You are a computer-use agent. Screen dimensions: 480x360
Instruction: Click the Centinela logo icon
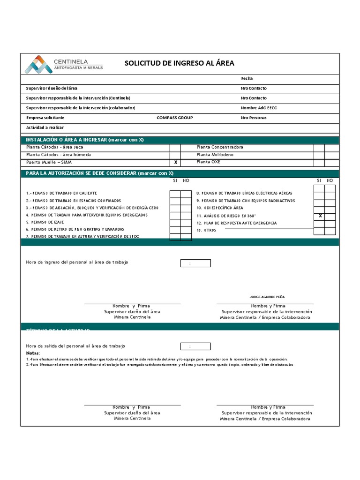38,64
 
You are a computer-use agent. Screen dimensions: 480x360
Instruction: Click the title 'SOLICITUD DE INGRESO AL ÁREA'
179,63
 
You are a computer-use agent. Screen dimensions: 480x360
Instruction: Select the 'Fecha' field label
247,79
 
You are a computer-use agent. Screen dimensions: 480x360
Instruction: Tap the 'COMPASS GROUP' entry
174,118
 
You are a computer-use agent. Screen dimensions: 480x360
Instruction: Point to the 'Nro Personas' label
254,118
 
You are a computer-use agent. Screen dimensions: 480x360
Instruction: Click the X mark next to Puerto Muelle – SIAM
175,162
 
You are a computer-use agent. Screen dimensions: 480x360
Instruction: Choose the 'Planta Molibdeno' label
215,155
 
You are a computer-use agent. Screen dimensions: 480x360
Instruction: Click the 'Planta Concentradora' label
220,147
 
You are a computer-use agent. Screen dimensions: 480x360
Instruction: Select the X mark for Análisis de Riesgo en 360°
320,216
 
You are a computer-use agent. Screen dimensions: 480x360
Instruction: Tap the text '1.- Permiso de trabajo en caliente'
61,193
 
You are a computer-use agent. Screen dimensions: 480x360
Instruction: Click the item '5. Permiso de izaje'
45,222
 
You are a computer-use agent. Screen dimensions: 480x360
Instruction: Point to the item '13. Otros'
206,230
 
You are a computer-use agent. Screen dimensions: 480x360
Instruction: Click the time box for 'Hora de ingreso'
195,263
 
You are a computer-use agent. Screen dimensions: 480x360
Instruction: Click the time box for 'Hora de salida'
195,346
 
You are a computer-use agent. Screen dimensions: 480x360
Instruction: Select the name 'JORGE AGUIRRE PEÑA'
267,297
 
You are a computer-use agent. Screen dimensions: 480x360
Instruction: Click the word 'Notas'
33,353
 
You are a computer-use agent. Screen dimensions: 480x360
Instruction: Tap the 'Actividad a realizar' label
45,127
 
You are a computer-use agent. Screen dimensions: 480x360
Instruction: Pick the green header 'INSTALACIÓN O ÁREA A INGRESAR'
85,140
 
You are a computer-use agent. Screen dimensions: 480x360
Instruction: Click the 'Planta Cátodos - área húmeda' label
59,155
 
